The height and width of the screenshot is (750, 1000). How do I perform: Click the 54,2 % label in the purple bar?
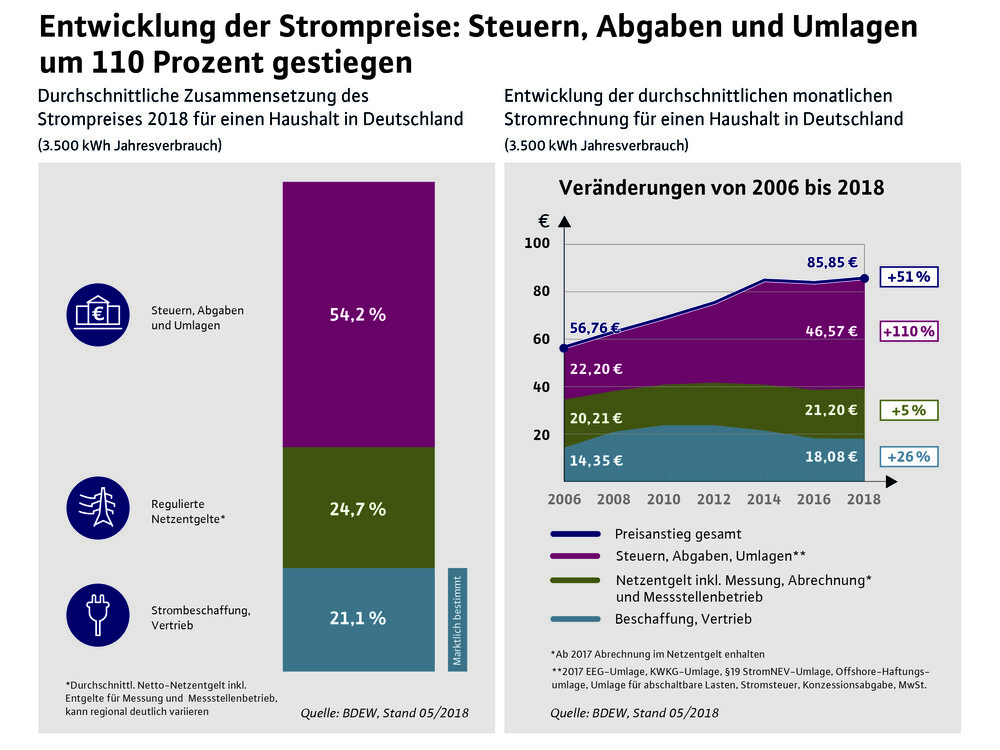tap(358, 314)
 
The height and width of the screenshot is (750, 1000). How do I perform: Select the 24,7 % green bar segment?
tap(358, 508)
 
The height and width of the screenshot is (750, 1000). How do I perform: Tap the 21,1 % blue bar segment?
tap(358, 618)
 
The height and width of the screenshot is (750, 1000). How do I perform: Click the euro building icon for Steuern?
tap(98, 315)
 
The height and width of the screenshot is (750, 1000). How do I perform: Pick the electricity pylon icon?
tap(98, 507)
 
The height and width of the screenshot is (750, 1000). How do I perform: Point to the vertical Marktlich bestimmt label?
tap(457, 620)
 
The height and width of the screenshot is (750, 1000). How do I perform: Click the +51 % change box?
tap(909, 277)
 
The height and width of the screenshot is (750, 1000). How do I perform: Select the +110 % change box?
tap(909, 330)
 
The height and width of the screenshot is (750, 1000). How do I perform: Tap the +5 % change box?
tap(909, 410)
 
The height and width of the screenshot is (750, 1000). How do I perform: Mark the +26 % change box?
tap(909, 457)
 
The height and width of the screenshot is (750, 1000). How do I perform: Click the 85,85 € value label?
tap(831, 263)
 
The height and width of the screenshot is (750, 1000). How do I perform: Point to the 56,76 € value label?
tap(595, 327)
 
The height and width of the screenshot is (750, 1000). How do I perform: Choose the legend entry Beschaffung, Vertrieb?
tap(685, 619)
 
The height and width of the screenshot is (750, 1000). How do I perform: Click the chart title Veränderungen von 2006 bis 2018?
tap(721, 187)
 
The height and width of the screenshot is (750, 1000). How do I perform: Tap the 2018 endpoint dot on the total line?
tap(864, 278)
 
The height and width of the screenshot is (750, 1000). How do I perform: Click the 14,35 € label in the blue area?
tap(597, 460)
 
